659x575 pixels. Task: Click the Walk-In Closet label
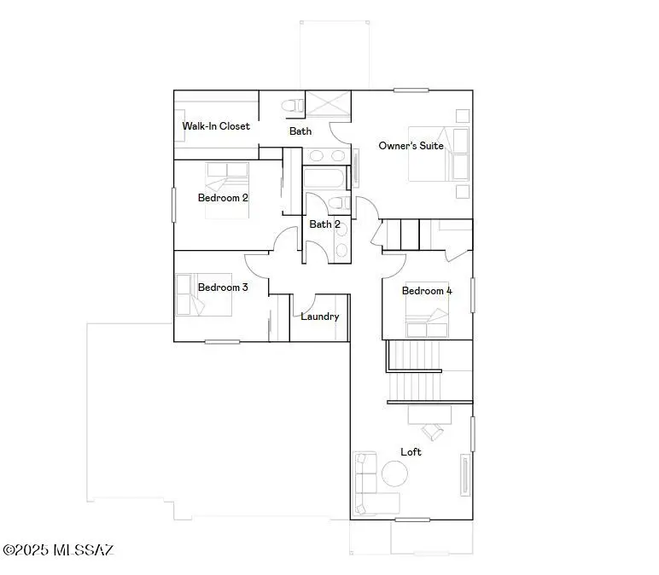216,126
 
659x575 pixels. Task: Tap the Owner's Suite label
411,146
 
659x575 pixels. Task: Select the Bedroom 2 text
223,198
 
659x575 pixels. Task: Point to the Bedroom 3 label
223,287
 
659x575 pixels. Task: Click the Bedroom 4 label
427,291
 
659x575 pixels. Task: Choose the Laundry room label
319,317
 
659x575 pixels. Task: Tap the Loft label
411,451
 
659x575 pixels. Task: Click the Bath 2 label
324,224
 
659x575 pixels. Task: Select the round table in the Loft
394,473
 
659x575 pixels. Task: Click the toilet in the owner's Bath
293,106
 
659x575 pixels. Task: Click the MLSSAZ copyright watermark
58,550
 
